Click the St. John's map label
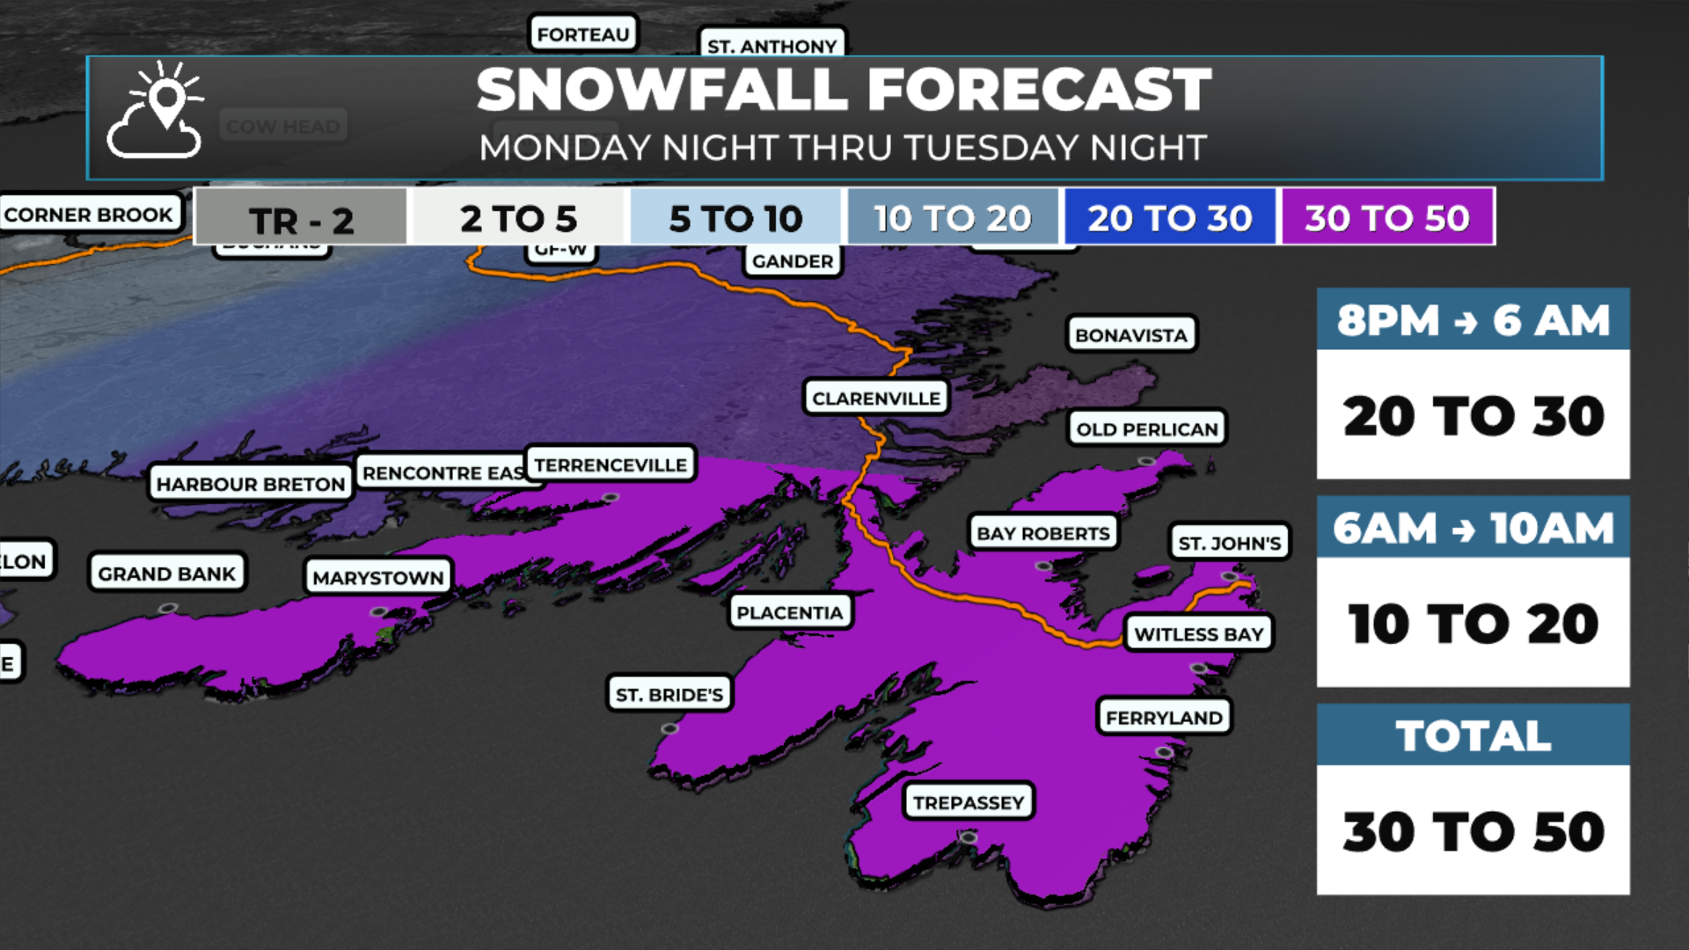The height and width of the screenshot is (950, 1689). tap(1229, 543)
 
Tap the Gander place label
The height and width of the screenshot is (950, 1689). tap(792, 261)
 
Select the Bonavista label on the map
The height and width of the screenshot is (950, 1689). tap(1131, 335)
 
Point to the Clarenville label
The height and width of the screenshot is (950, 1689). tap(876, 398)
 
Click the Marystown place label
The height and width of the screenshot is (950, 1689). tap(377, 578)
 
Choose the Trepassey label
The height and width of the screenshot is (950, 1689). tap(968, 802)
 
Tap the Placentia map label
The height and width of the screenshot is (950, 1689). tap(789, 612)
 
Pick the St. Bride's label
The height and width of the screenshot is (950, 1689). tap(669, 695)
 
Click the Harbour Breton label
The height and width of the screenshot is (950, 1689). tap(251, 484)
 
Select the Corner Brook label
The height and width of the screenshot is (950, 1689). tap(89, 215)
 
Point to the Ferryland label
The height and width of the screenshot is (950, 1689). tap(1164, 718)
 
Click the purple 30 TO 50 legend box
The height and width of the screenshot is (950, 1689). tap(1386, 217)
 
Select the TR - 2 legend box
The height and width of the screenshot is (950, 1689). tap(301, 218)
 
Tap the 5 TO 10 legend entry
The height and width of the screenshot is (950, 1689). tap(735, 218)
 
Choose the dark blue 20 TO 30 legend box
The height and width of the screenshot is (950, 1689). tap(1169, 217)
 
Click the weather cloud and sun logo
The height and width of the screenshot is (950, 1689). tap(156, 111)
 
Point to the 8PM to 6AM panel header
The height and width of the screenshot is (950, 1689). tap(1473, 320)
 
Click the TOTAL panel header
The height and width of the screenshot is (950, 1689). tap(1473, 735)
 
